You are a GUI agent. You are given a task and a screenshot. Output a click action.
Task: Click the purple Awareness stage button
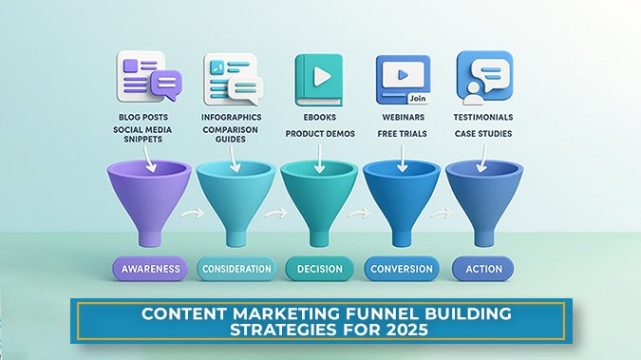pyautogui.click(x=145, y=269)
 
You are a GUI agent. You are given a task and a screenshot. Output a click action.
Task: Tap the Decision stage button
pyautogui.click(x=319, y=269)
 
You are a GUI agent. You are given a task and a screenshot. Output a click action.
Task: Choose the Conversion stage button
pyautogui.click(x=401, y=269)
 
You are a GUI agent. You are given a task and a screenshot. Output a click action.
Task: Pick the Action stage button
pyautogui.click(x=483, y=269)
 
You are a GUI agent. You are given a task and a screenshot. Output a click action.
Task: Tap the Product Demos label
pyautogui.click(x=320, y=134)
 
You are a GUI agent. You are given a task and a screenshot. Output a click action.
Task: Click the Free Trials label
pyautogui.click(x=402, y=134)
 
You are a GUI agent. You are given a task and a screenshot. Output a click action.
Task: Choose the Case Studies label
pyautogui.click(x=483, y=134)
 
